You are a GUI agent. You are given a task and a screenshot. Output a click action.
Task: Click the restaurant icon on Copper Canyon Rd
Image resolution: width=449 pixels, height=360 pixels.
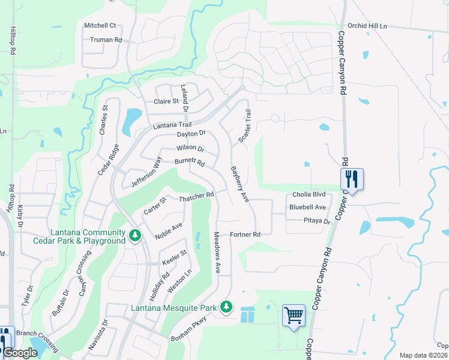point(352,179)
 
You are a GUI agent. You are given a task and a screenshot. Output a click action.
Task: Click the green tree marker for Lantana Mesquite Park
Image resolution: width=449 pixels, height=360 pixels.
point(226,307)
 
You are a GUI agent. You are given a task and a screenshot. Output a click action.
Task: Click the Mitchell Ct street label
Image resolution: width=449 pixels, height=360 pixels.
point(100,25)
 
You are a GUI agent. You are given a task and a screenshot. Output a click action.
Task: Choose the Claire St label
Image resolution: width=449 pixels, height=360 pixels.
point(166,101)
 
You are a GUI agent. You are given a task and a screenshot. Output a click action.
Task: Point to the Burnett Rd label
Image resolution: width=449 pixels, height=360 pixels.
point(190,162)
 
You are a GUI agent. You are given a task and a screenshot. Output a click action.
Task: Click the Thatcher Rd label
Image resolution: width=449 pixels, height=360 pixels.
point(196,196)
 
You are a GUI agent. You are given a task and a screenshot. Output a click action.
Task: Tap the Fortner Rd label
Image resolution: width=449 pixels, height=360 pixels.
point(246,234)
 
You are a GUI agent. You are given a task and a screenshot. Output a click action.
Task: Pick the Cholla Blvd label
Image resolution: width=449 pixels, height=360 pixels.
point(309,194)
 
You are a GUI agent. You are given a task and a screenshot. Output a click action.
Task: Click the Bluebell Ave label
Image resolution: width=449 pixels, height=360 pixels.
point(307,207)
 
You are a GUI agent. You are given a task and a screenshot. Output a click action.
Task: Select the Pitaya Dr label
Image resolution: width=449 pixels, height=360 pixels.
point(310,221)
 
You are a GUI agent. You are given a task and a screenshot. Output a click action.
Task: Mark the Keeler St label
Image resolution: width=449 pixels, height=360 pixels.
point(175,257)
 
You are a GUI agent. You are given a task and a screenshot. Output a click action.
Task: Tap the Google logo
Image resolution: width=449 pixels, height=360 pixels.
point(20,353)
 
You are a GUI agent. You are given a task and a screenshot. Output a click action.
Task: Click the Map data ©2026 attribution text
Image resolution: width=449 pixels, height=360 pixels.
point(423,355)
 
